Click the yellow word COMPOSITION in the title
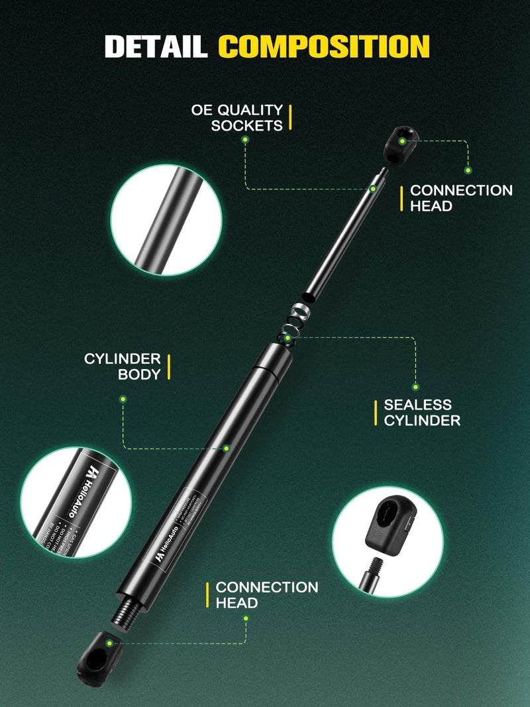323,46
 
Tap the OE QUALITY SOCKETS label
237,117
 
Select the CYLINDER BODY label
123,366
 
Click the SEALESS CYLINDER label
422,412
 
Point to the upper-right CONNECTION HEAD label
461,198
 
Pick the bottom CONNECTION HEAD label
266,595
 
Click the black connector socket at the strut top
401,144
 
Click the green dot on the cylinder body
226,449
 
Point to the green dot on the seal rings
287,338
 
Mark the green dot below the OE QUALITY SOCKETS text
245,140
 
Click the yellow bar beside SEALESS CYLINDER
375,412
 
